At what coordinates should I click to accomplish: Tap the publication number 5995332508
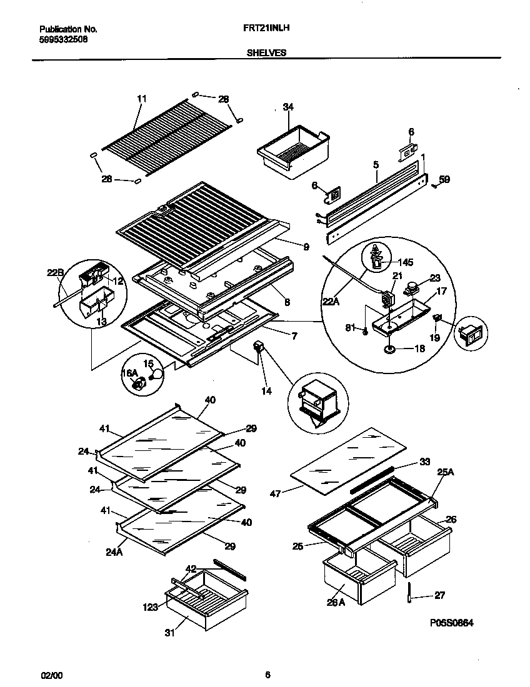[63, 38]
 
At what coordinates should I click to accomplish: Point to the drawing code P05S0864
[452, 623]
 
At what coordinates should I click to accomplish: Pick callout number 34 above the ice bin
[287, 107]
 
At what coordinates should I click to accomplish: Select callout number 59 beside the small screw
[444, 180]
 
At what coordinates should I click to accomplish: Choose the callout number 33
[424, 462]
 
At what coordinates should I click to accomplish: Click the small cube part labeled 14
[258, 347]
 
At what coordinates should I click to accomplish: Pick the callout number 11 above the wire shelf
[141, 99]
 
